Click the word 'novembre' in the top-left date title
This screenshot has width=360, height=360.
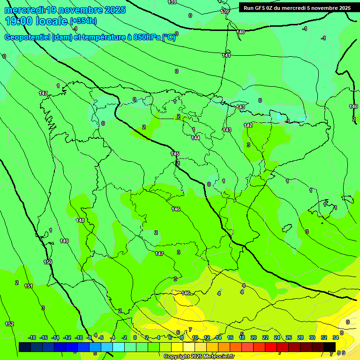coord(77,9)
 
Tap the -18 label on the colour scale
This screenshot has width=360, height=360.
coord(32,337)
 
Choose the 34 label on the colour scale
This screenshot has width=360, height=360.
coord(336,337)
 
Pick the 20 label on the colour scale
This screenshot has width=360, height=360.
coord(254,337)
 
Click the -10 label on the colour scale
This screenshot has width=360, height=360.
coord(79,337)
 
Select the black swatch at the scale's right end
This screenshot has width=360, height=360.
coord(330,346)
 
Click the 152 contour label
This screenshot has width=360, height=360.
coord(9,324)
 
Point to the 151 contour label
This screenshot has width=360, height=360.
coord(29,286)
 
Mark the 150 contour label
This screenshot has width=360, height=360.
coord(48,262)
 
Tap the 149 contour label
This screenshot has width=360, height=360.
coord(64,241)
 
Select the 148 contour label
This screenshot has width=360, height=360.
coord(80,220)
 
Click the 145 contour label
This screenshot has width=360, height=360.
coord(175,154)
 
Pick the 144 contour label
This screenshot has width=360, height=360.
coord(195,138)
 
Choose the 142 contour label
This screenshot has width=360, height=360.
coord(248,125)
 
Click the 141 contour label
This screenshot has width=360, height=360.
coord(226,55)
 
